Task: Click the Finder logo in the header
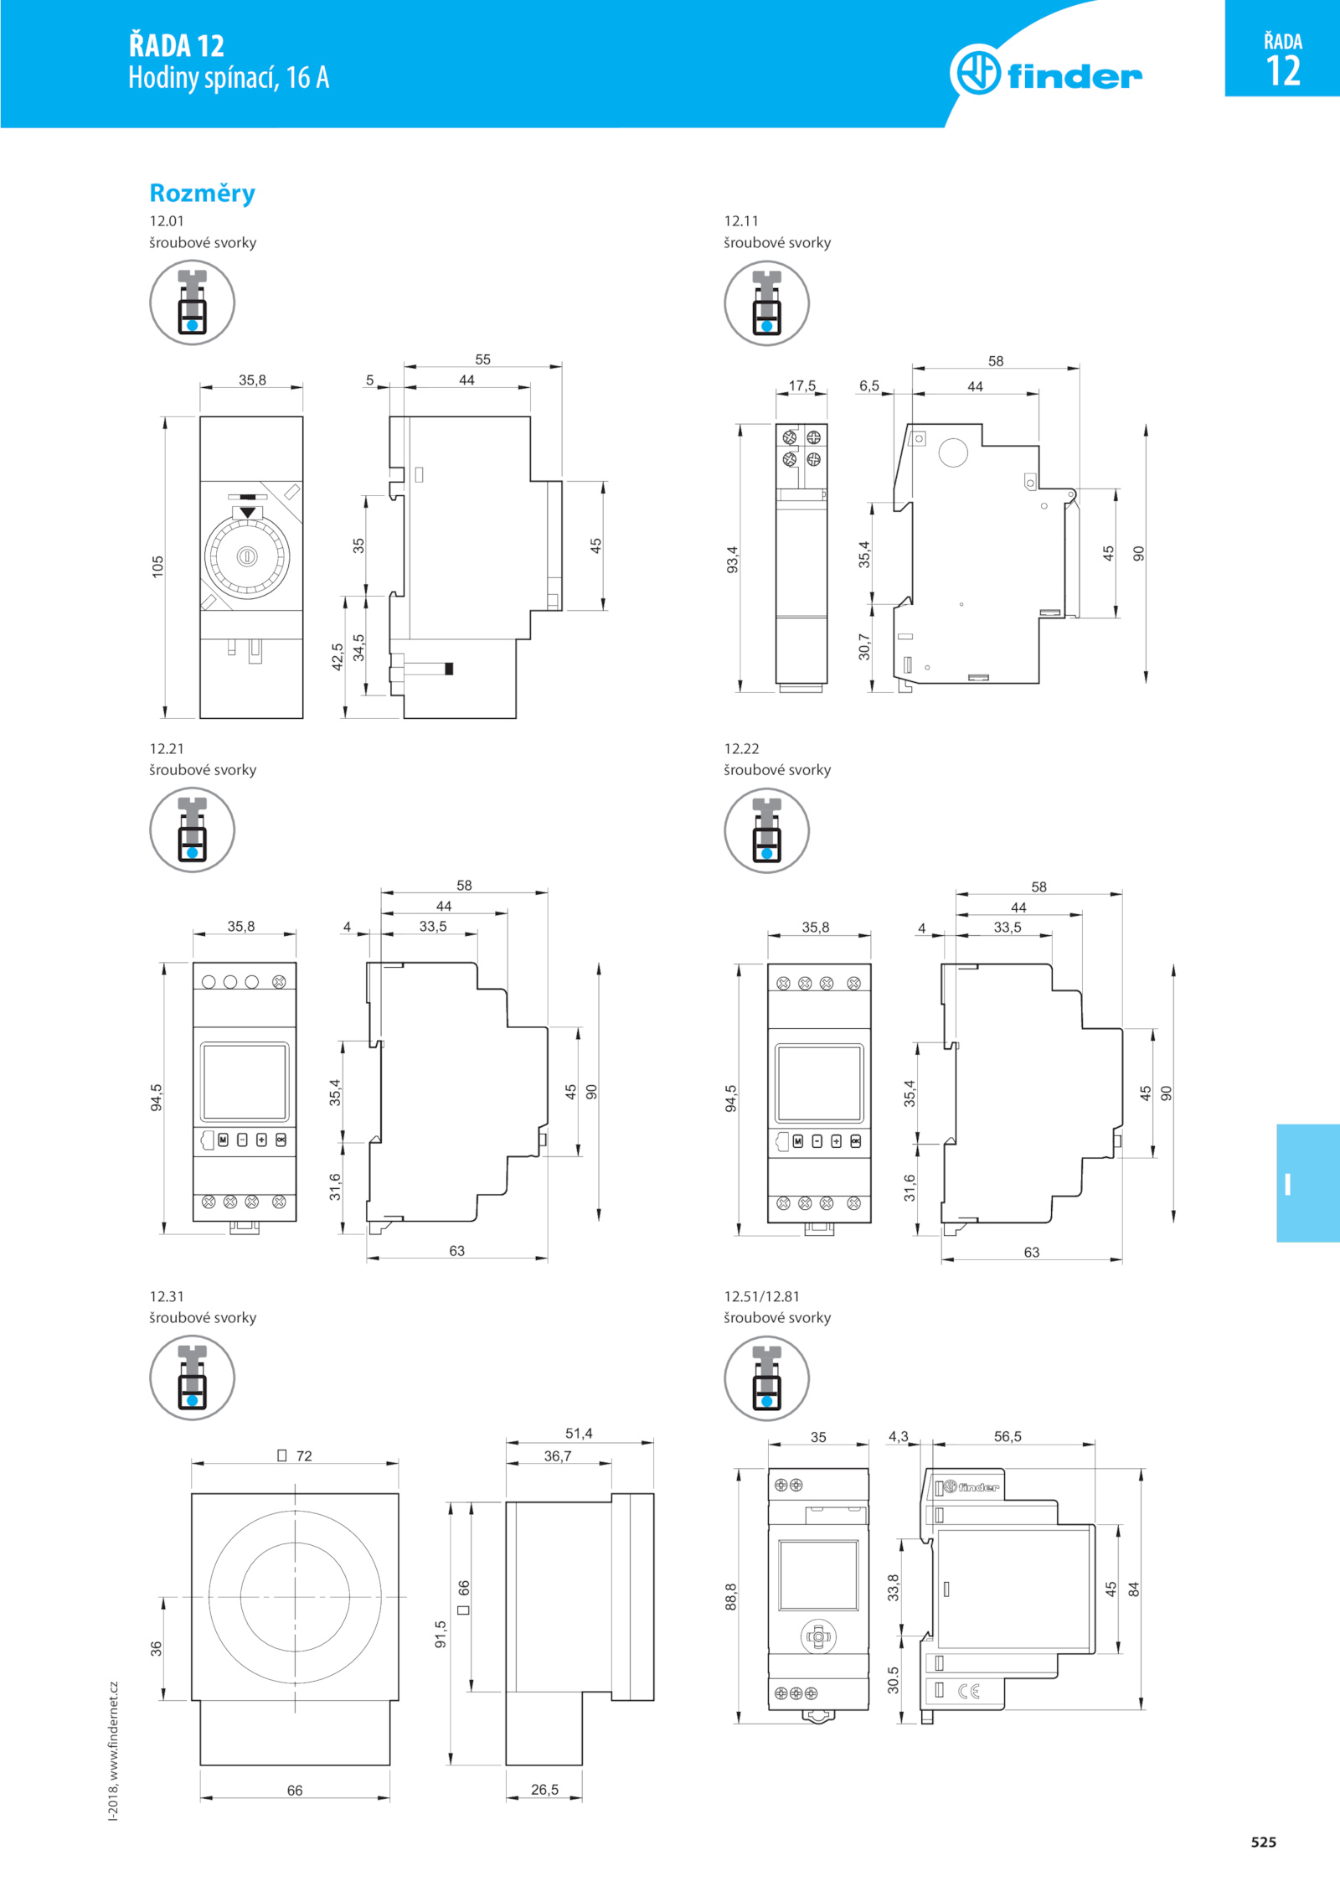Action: coord(1046,72)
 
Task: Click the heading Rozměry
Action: coord(202,194)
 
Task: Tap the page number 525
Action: coord(1264,1842)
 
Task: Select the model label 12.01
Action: coord(167,221)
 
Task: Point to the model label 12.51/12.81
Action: coord(761,1296)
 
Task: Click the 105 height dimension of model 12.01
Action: coord(157,566)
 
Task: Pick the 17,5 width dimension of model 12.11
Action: coord(801,385)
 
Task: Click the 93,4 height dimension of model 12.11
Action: coord(732,560)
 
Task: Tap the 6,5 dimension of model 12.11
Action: coord(869,385)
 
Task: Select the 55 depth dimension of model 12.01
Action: coord(483,359)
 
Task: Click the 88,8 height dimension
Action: coord(731,1596)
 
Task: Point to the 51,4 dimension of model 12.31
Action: coord(579,1434)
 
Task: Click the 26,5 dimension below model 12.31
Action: coord(544,1790)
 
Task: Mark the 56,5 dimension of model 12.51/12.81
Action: coord(1008,1436)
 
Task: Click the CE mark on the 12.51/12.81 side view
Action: coord(969,1691)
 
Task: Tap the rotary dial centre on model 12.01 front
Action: coord(248,556)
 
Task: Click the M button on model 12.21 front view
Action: coord(223,1140)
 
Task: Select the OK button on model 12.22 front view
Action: coord(855,1141)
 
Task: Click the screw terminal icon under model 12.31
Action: coord(192,1378)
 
